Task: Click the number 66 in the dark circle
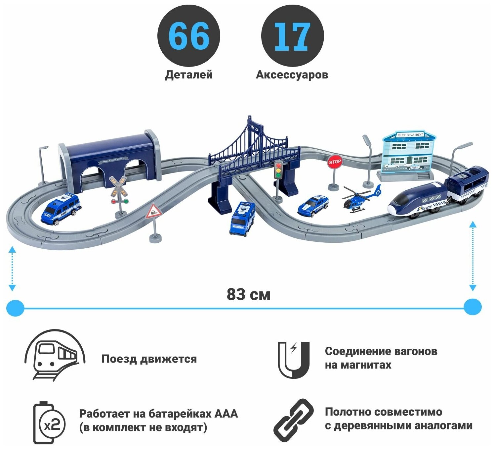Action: (x=189, y=36)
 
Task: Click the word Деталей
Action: (x=188, y=75)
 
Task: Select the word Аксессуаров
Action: (x=292, y=75)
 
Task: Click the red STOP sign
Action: (x=335, y=162)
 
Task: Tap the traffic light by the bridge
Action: (x=279, y=171)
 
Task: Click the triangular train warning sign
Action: (x=153, y=211)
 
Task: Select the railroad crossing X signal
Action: (x=118, y=187)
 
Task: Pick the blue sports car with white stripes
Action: (x=313, y=206)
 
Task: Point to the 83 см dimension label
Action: (x=248, y=294)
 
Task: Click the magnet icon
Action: (x=293, y=359)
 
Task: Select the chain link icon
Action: (x=293, y=420)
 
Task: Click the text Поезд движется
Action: (x=149, y=359)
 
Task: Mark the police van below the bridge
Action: (x=242, y=219)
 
